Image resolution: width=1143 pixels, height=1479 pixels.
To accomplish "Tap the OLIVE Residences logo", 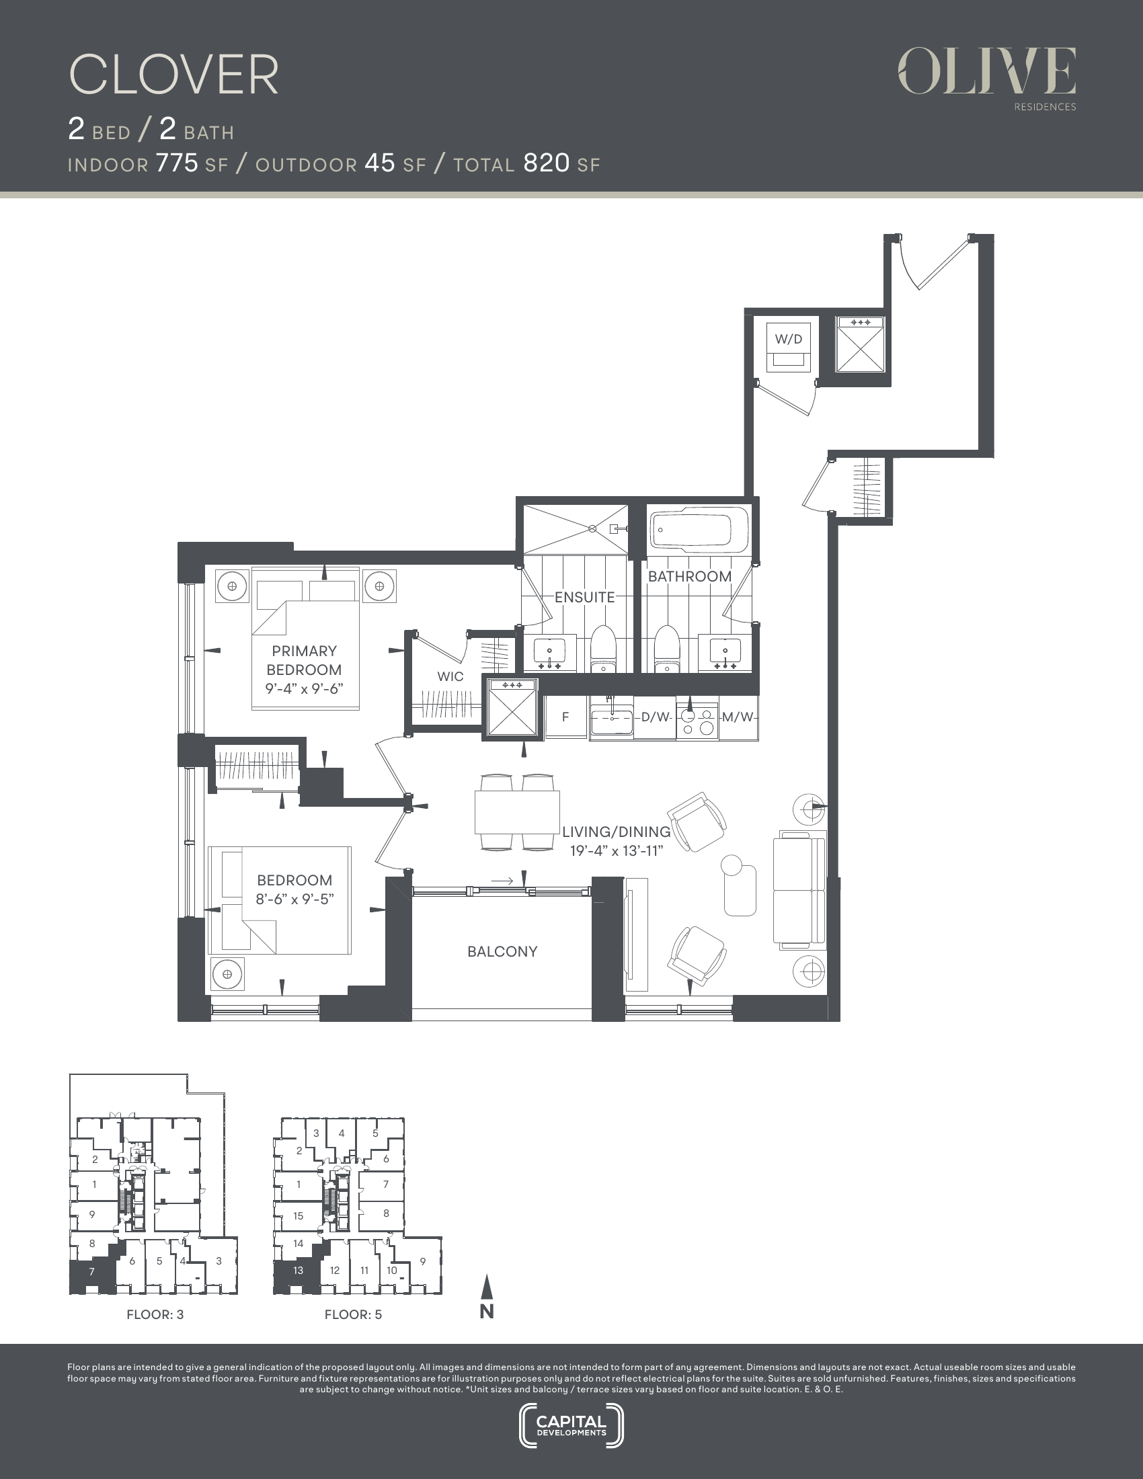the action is pyautogui.click(x=987, y=78).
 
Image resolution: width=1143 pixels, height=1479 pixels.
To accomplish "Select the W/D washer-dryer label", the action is pyautogui.click(x=788, y=339).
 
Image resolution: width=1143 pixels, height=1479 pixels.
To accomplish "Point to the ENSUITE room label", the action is pyautogui.click(x=584, y=597).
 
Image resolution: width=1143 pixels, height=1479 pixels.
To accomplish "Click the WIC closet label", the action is pyautogui.click(x=450, y=676).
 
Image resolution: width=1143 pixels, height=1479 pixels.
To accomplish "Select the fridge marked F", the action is pyautogui.click(x=565, y=717).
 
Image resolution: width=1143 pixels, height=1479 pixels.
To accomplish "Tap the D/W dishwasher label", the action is pyautogui.click(x=655, y=717).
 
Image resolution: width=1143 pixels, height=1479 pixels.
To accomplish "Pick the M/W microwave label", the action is pyautogui.click(x=738, y=717).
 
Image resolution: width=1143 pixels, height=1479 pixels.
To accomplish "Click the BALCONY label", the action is pyautogui.click(x=502, y=951).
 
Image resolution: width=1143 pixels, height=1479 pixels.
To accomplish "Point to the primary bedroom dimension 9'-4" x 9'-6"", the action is pyautogui.click(x=304, y=689).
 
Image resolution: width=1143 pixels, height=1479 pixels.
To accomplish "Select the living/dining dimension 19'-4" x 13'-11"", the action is pyautogui.click(x=615, y=850).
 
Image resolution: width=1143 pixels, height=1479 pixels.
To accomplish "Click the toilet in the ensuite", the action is pyautogui.click(x=602, y=649).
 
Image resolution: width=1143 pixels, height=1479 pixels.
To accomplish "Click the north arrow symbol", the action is pyautogui.click(x=486, y=1296).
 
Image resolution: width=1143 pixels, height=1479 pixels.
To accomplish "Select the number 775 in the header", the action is pyautogui.click(x=177, y=163).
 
